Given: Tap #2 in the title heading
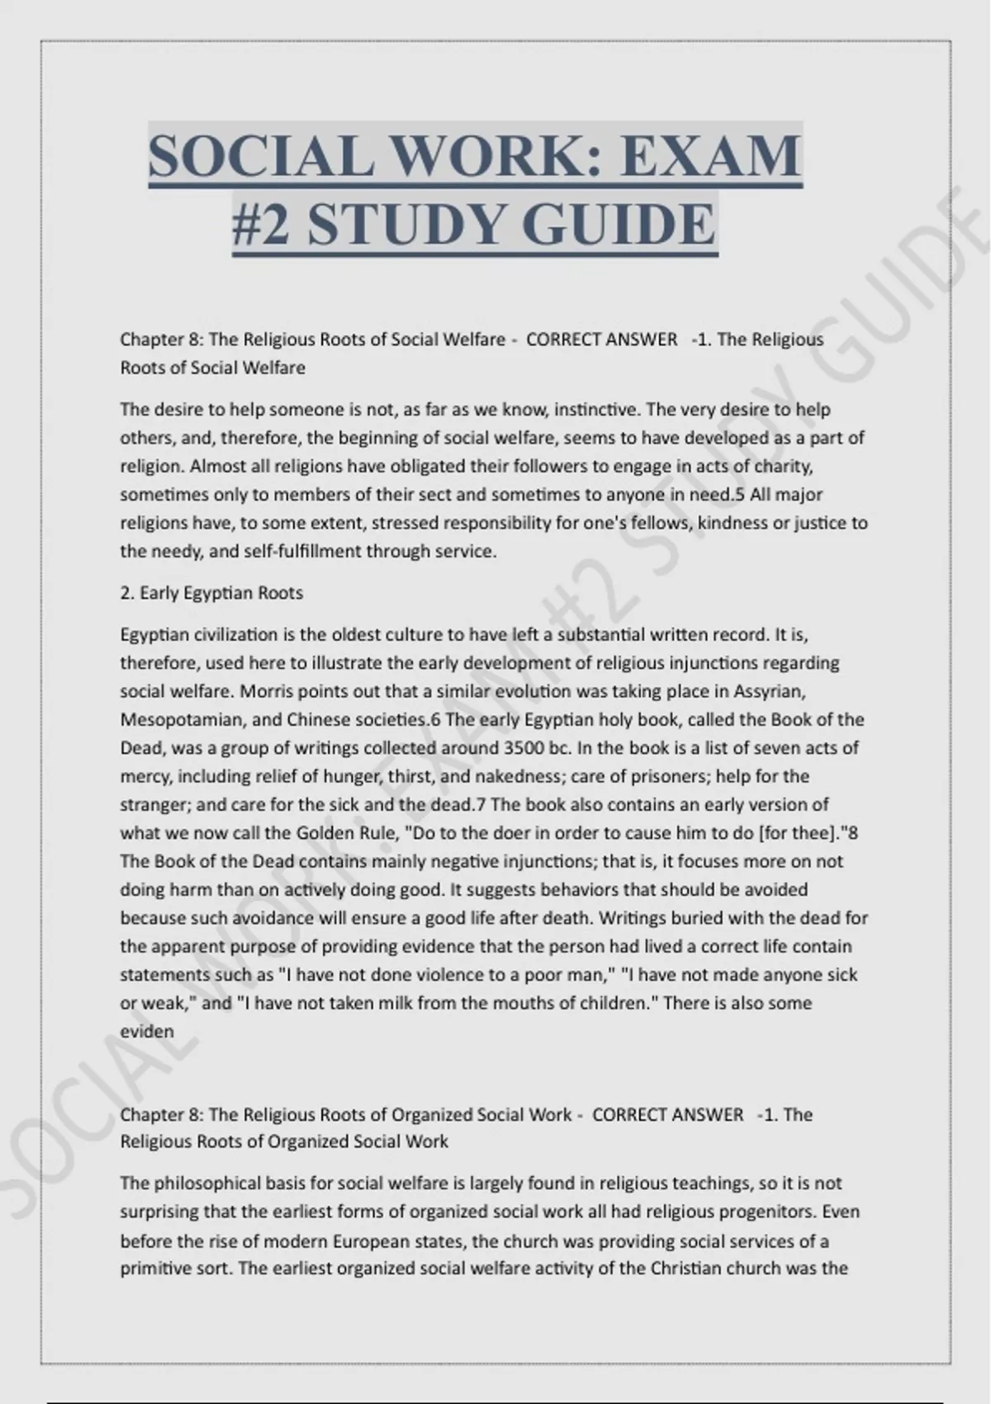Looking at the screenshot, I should point(261,225).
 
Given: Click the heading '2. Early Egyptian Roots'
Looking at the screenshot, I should point(211,593).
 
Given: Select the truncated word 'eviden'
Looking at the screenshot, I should point(147,1032).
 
